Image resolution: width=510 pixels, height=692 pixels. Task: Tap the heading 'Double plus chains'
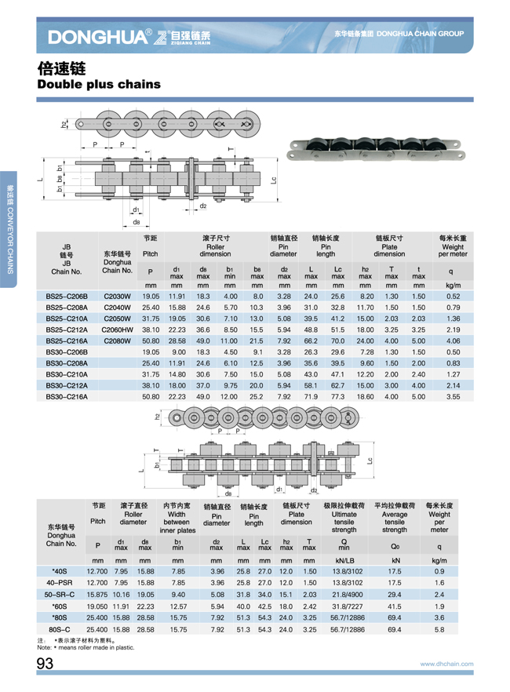click(99, 83)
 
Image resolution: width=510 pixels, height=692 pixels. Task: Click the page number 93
click(44, 665)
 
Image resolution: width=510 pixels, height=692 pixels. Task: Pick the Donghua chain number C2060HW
click(117, 330)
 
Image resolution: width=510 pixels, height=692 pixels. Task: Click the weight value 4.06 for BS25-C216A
click(453, 341)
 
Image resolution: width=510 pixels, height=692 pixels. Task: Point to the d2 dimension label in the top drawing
click(202, 206)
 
